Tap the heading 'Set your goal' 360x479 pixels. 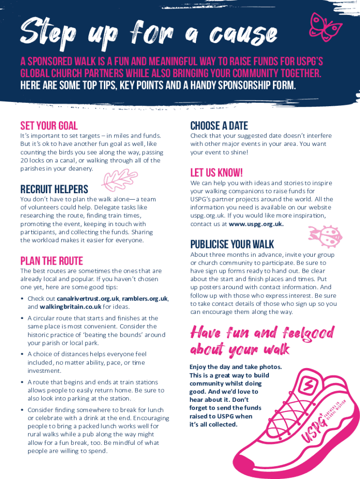click(49, 125)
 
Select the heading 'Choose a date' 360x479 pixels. click(219, 125)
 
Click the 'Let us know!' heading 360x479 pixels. click(216, 173)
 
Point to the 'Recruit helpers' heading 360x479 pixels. click(54, 189)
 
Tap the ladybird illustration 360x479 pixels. click(321, 232)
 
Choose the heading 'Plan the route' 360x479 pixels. click(51, 261)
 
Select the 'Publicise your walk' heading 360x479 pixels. click(232, 244)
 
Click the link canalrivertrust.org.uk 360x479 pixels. click(88, 298)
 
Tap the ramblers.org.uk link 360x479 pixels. click(145, 298)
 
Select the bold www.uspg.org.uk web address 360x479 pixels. click(256, 224)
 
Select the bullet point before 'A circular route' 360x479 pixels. click(22, 319)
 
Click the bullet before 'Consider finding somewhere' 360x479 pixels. click(22, 410)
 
